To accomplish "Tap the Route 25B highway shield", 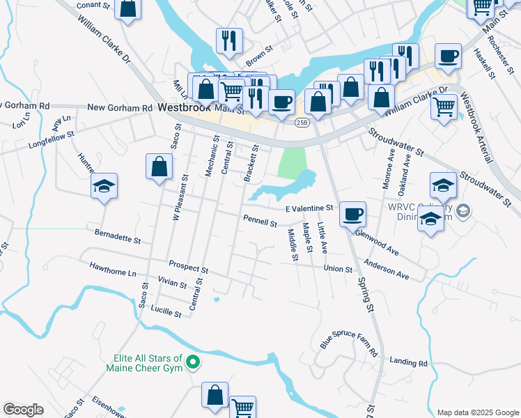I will point(301,123).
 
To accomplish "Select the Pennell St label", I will point(260,222).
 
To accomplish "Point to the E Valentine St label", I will point(309,208).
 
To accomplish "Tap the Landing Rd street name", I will point(408,363).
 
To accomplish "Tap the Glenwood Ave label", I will point(376,243).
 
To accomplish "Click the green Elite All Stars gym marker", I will point(194,362).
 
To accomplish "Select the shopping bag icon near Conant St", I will point(127,9).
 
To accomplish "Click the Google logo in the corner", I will point(23,410).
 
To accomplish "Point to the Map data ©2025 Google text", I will point(477,412).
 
